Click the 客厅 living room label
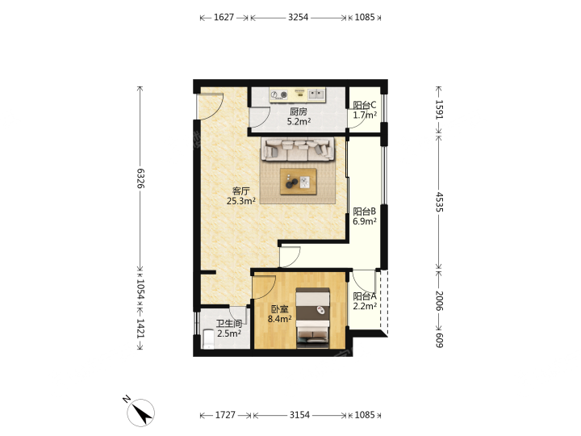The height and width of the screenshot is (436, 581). click(240, 191)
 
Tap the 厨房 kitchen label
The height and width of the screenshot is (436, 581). click(299, 111)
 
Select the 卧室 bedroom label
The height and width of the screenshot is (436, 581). click(279, 309)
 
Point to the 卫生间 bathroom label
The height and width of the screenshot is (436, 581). click(229, 324)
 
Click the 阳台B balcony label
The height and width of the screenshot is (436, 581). click(365, 212)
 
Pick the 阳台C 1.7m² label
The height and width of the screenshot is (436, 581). click(365, 110)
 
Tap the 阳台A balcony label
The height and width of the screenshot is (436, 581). click(365, 296)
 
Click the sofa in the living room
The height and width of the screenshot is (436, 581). click(298, 149)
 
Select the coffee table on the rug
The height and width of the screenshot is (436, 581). click(299, 182)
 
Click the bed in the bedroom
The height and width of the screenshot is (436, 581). click(313, 318)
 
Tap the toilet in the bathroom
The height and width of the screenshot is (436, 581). click(208, 341)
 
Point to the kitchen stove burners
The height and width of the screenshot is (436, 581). click(279, 95)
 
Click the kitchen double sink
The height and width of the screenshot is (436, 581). click(316, 94)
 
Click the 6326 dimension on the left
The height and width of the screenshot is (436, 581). click(140, 178)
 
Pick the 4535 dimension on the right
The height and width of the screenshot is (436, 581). click(439, 202)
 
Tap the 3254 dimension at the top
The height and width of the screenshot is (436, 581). click(299, 18)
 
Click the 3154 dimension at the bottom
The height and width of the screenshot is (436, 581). click(299, 415)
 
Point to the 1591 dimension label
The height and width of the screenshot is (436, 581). click(439, 109)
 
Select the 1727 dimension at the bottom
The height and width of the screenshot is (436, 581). click(225, 415)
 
